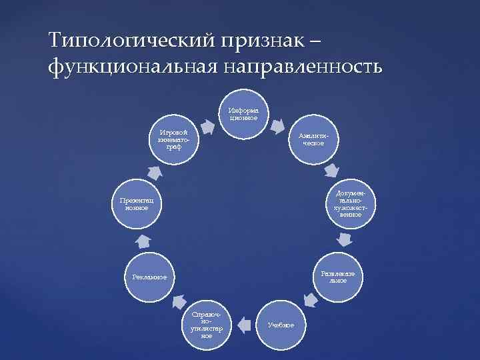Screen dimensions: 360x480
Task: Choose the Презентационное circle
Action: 136,203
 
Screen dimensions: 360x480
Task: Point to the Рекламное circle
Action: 149,276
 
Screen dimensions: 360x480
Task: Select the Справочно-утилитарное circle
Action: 207,324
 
